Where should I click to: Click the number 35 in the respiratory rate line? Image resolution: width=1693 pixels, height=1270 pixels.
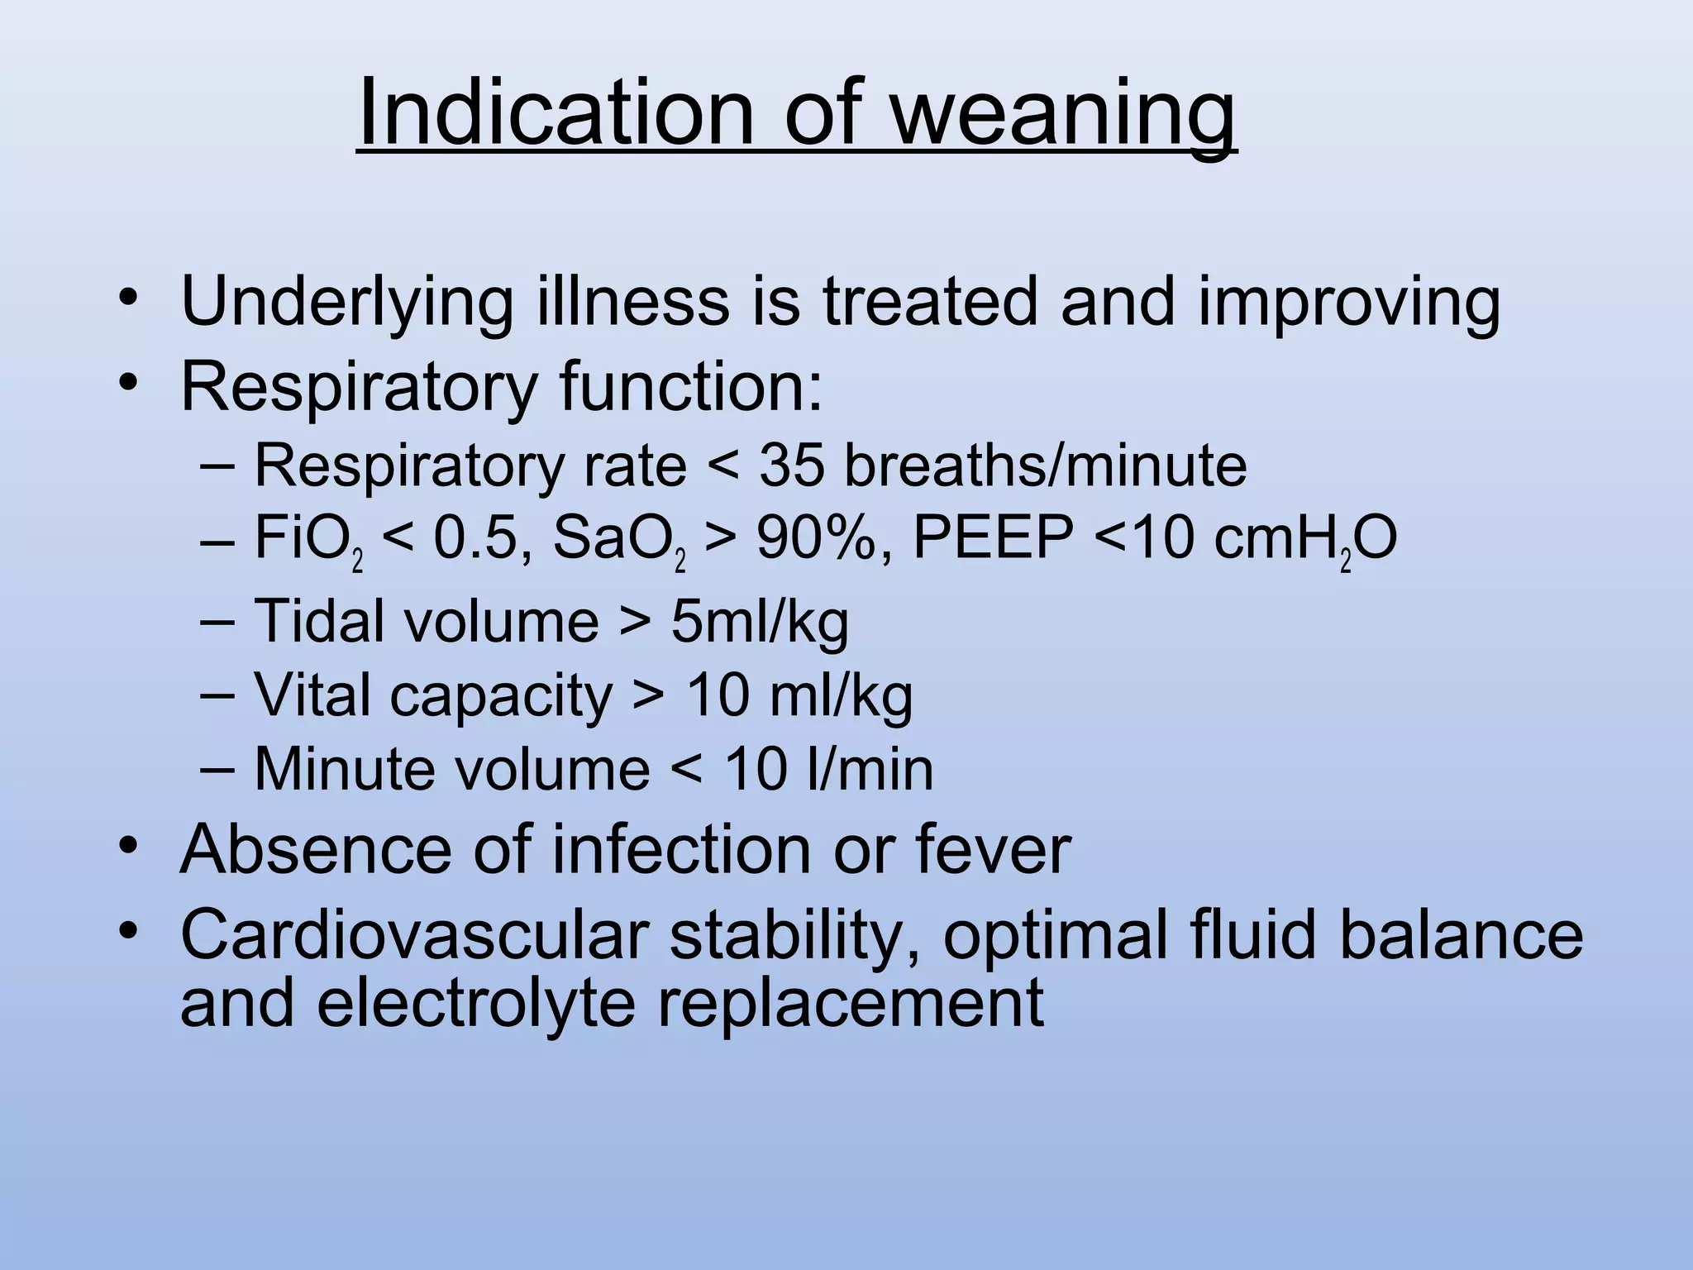pyautogui.click(x=791, y=466)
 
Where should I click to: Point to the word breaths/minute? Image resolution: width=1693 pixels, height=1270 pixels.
pyautogui.click(x=1045, y=466)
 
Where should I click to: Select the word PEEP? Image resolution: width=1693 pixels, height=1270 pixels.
pyautogui.click(x=993, y=538)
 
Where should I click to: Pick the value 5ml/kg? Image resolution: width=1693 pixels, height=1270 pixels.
pyautogui.click(x=760, y=622)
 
